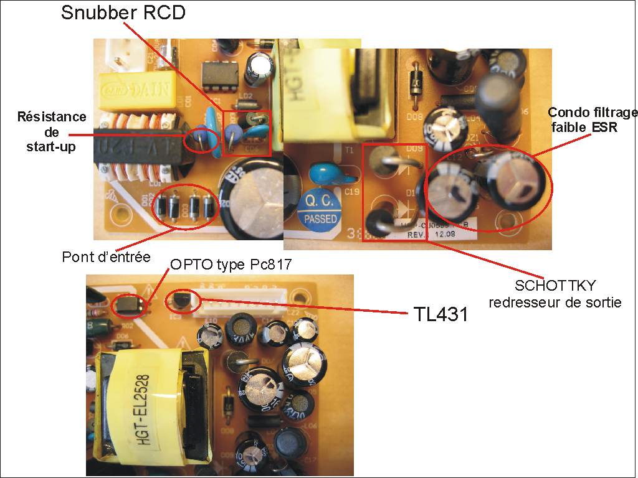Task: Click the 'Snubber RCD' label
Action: click(123, 12)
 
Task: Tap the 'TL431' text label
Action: click(441, 314)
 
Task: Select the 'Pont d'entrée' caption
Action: click(106, 256)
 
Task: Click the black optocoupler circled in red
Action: click(129, 304)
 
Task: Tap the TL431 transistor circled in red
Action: click(181, 301)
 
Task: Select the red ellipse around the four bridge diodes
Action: click(185, 206)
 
